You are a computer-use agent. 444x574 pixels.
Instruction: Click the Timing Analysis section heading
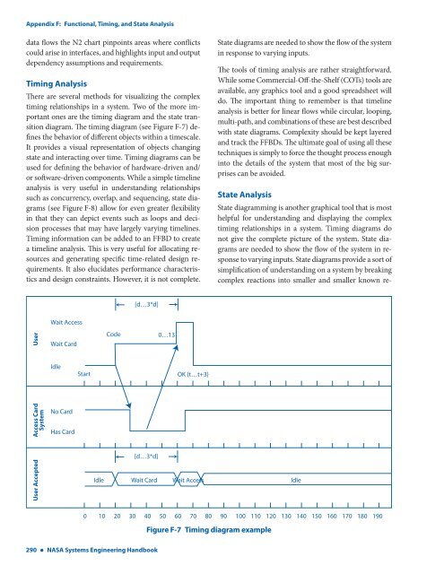pos(65,82)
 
